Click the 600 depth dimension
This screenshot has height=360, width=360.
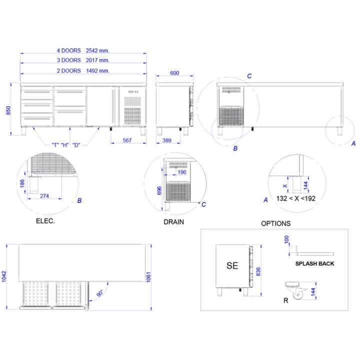click(174, 73)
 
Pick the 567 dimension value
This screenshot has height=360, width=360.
click(127, 140)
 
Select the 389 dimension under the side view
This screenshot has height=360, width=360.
click(168, 141)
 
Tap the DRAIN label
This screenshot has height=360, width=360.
click(173, 221)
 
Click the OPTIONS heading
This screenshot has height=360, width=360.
click(275, 223)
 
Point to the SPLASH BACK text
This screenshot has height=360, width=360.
click(314, 263)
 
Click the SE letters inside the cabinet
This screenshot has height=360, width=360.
click(232, 266)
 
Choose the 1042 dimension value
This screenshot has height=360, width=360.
click(4, 277)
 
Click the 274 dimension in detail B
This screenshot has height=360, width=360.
click(44, 196)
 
